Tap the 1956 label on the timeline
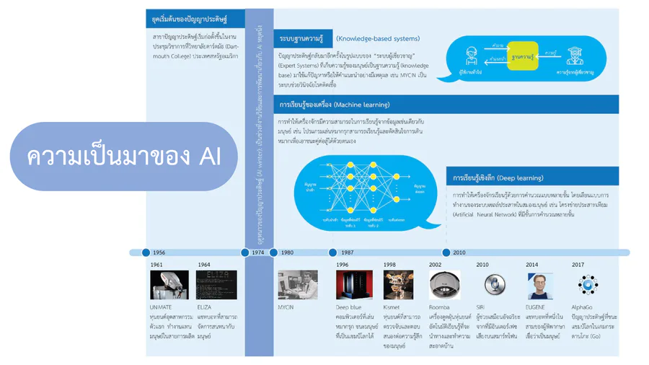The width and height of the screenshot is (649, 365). click(159, 252)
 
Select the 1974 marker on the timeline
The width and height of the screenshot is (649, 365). click(258, 252)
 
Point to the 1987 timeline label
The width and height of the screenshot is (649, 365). click(347, 252)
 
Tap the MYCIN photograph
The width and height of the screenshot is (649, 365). click(297, 284)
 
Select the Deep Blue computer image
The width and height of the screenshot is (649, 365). click(354, 284)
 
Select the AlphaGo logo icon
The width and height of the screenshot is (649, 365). click(587, 284)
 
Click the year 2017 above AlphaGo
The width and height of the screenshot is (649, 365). click(577, 265)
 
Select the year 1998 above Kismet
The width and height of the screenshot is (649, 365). click(389, 265)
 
